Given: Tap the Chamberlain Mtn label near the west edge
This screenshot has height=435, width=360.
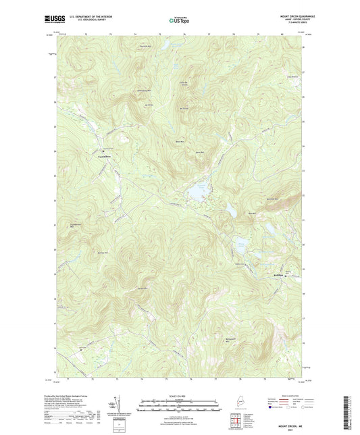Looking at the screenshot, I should click(76, 227).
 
